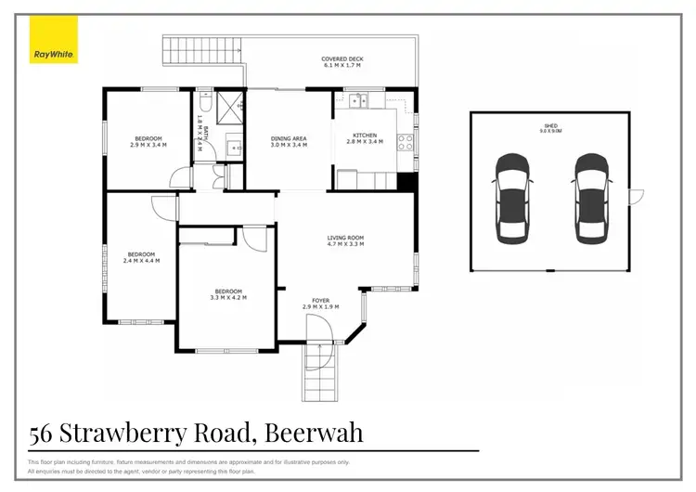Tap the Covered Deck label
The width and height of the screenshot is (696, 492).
342,62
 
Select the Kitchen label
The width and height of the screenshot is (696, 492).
357,138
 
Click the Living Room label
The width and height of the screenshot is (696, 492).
345,242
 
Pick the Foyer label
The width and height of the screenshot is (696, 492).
321,303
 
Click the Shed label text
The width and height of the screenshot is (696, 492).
552,127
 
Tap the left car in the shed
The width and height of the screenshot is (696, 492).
511,198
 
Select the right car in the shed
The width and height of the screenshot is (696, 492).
591,198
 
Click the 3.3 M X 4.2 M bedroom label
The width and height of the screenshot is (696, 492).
228,293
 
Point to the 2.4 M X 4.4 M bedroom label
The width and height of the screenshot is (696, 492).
141,257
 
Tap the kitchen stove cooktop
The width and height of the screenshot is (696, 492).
406,142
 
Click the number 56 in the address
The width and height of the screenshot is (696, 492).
40,433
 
